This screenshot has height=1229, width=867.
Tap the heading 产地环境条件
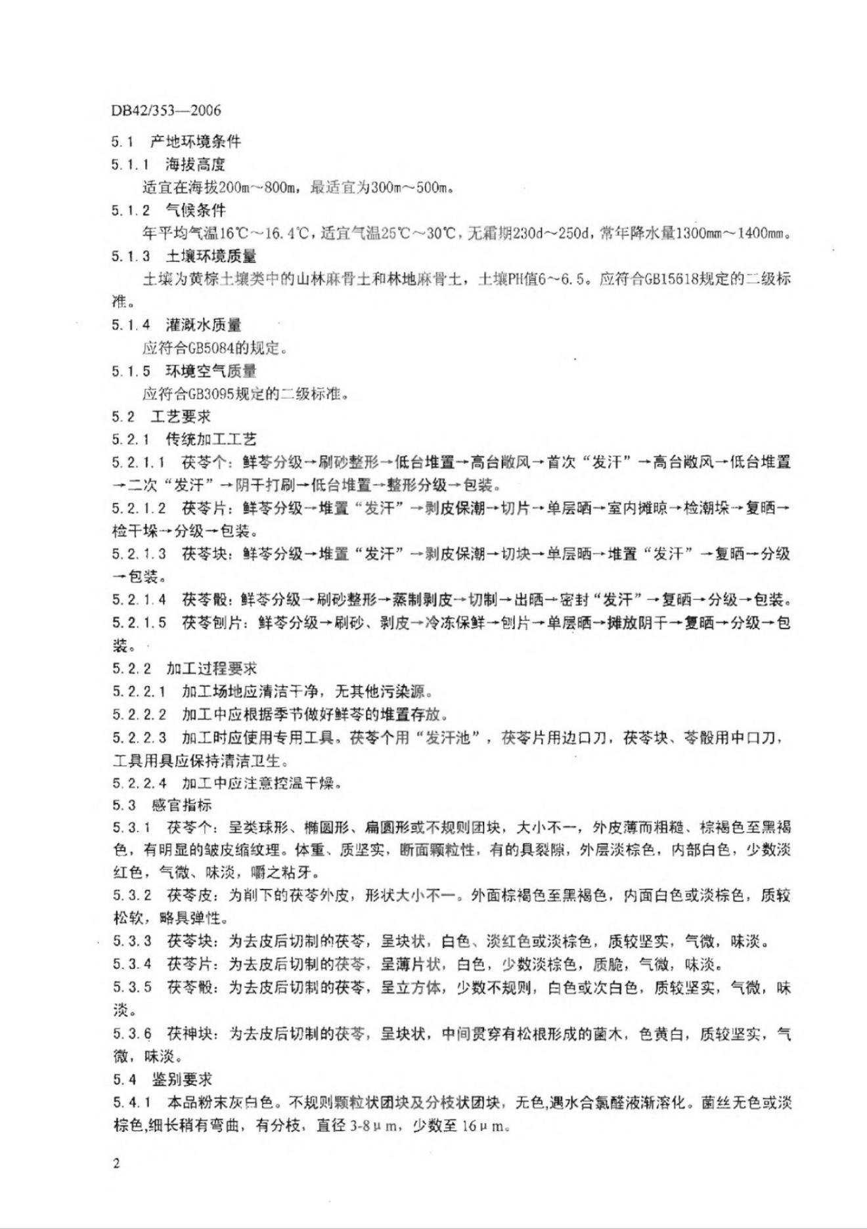coord(195,141)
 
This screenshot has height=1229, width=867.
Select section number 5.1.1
coord(130,165)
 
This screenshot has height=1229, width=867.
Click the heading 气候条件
coord(195,210)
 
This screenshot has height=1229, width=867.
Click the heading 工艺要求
coord(180,417)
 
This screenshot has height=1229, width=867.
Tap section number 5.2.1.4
coord(139,599)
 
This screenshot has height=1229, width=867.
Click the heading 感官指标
coord(181,805)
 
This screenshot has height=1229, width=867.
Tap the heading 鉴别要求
coord(181,1079)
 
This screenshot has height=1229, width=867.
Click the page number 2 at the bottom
coord(116,1164)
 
